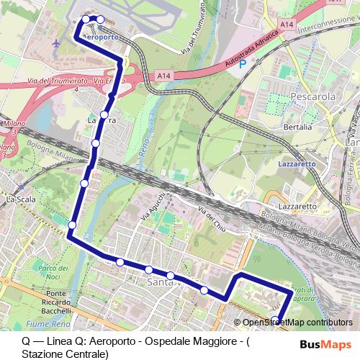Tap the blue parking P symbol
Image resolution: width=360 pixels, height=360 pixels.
[x=242, y=63]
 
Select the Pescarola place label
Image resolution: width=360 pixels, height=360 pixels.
[x=310, y=95]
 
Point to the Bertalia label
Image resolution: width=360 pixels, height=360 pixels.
[x=298, y=127]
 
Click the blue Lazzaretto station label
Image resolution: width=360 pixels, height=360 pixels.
[x=297, y=164]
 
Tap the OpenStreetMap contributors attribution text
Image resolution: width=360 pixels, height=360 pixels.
[x=297, y=323]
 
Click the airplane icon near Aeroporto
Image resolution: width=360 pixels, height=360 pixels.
[x=56, y=44]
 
